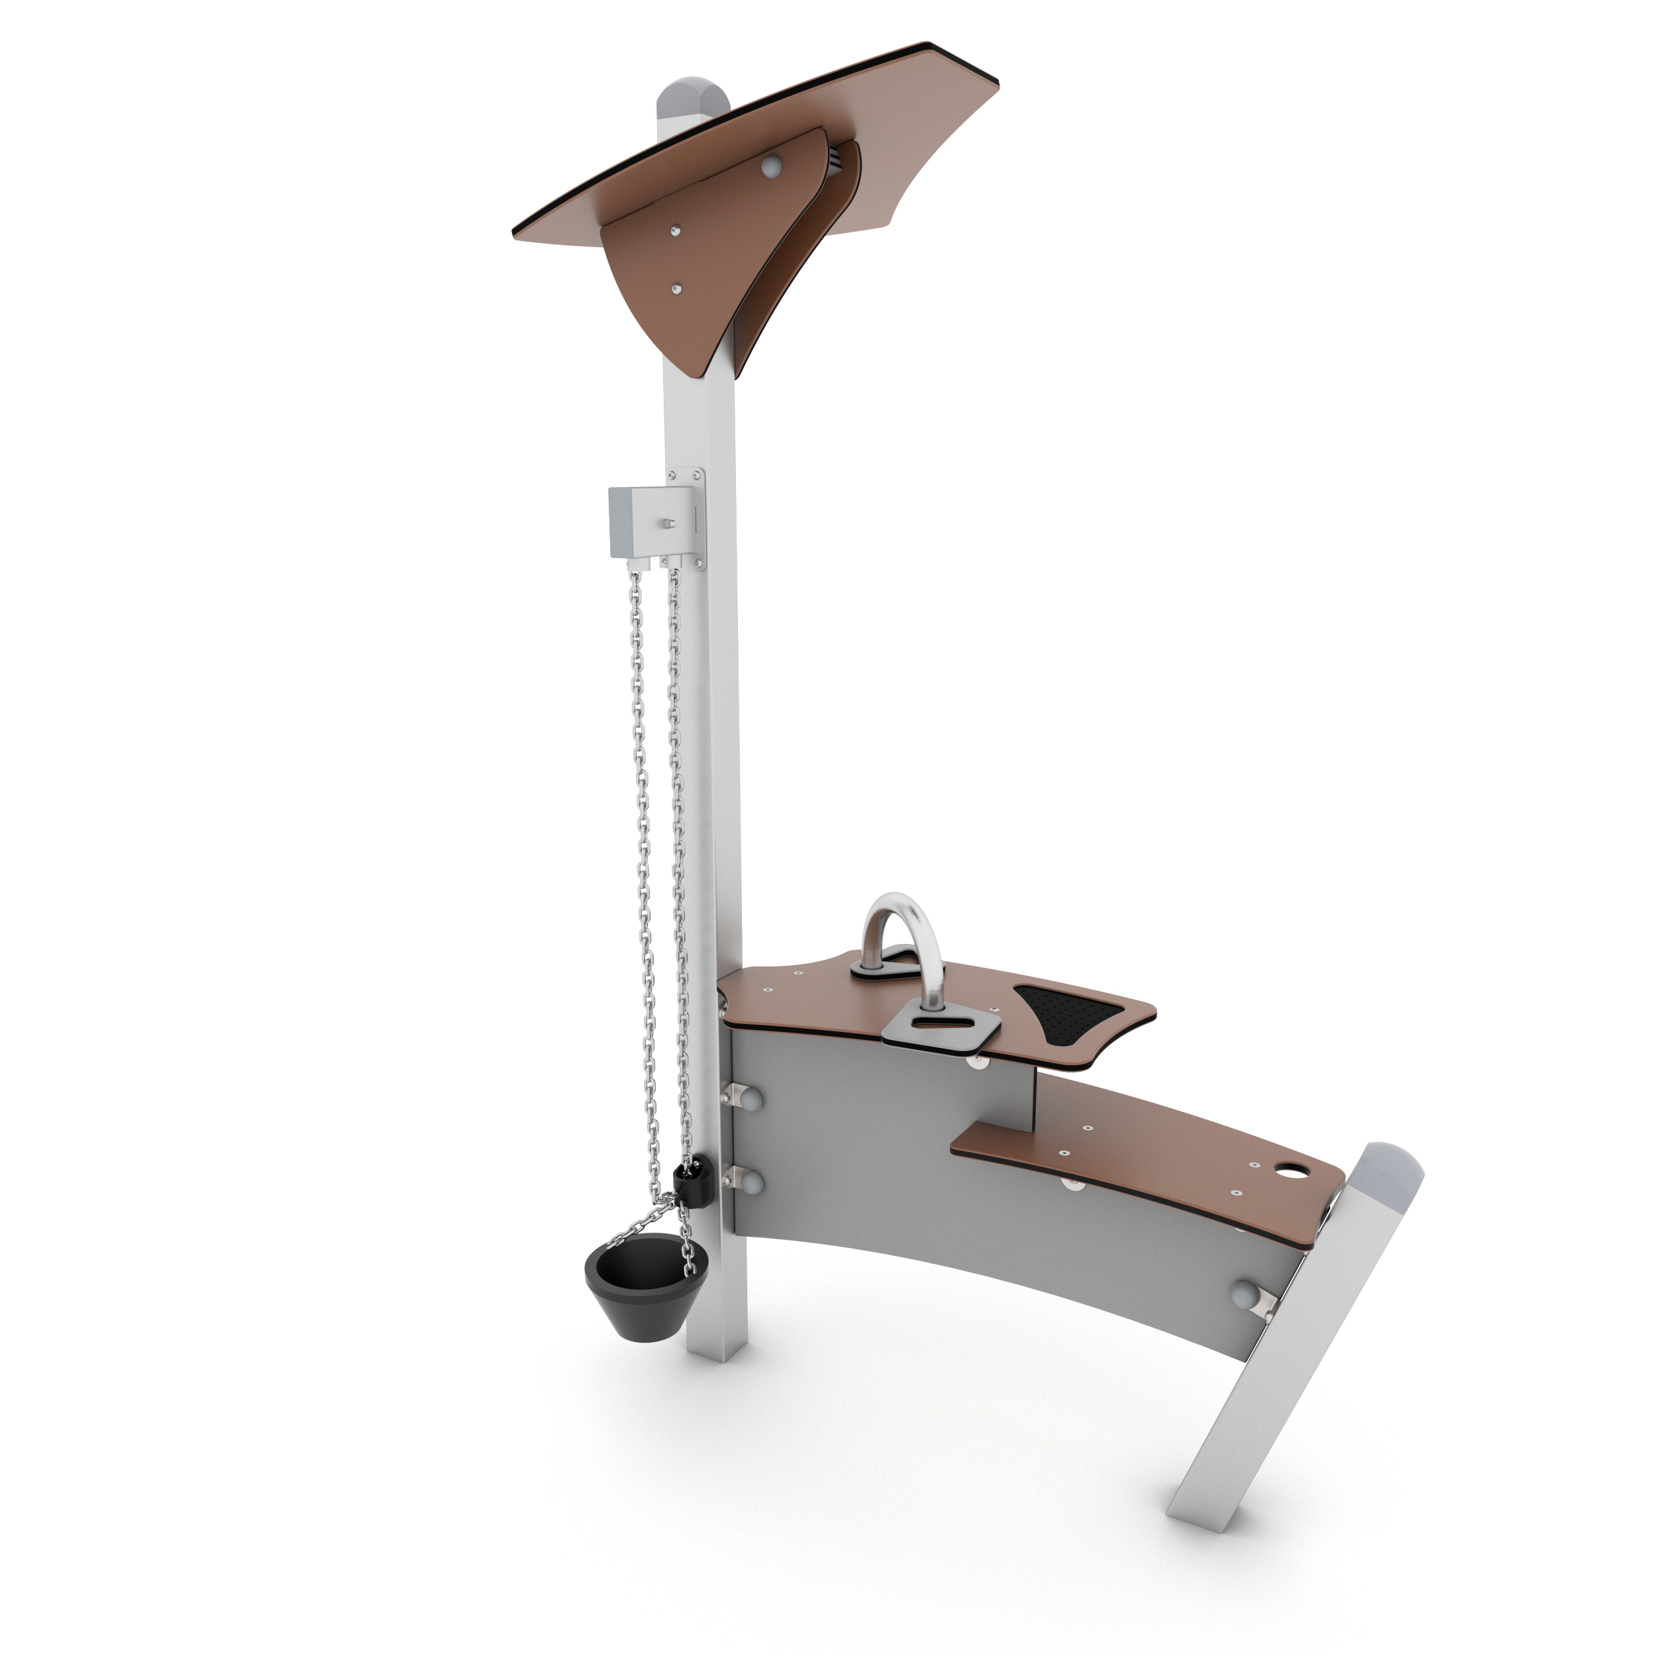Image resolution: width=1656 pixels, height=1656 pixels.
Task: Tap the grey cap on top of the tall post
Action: click(x=693, y=99)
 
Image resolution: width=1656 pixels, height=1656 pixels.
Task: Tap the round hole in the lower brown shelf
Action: click(x=1288, y=1171)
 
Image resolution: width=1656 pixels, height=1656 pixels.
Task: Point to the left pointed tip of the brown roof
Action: click(x=515, y=233)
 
